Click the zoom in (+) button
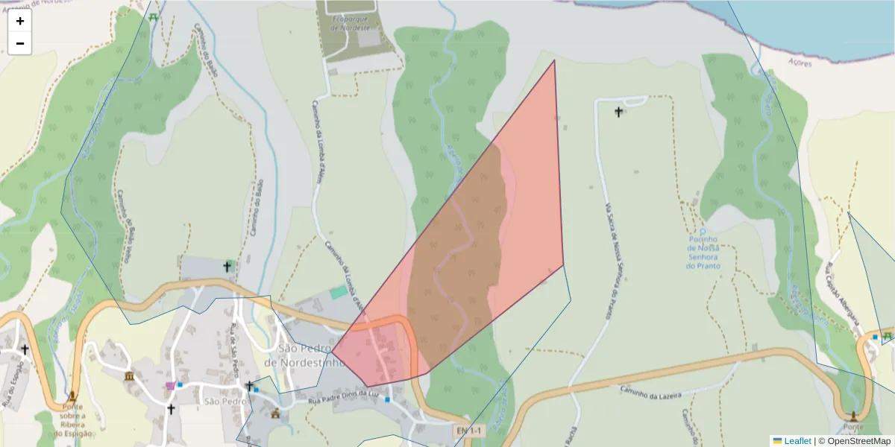(20, 21)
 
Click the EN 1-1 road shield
(470, 431)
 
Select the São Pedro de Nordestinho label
(307, 355)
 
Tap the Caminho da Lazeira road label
(650, 392)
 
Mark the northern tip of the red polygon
(555, 60)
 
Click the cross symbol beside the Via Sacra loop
(618, 112)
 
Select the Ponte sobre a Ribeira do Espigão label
(72, 419)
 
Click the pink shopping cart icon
(171, 385)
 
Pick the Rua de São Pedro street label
(236, 351)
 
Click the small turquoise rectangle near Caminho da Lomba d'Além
(339, 292)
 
